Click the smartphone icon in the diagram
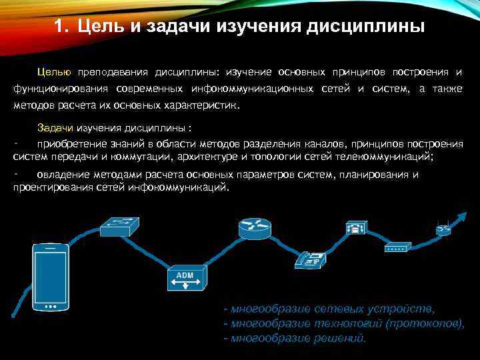[x=51, y=277]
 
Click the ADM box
[x=184, y=281]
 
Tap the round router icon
[x=254, y=229]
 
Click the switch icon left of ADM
[x=121, y=227]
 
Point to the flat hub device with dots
[x=395, y=247]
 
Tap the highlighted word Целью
[x=55, y=71]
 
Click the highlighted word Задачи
[x=55, y=127]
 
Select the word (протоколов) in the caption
[x=425, y=324]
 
